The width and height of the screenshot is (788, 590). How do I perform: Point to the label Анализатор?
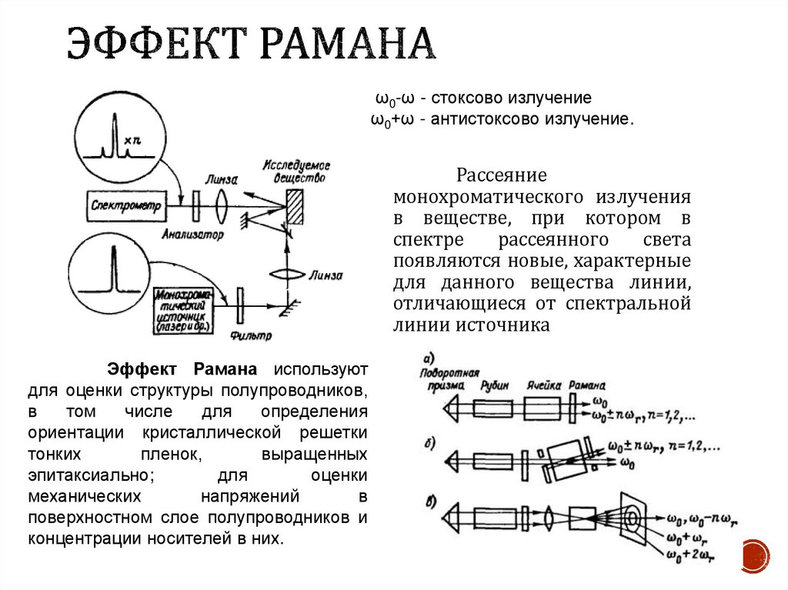[x=192, y=234]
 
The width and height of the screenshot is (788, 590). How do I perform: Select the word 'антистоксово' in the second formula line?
[x=491, y=120]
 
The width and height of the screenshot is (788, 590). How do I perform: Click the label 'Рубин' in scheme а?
[x=493, y=385]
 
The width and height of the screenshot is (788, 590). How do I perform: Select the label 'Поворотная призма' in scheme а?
[x=442, y=378]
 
